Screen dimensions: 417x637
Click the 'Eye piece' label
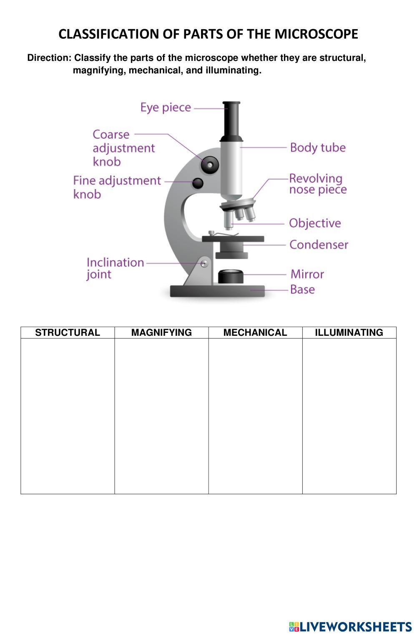pyautogui.click(x=166, y=107)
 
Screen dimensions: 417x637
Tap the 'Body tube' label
pyautogui.click(x=318, y=147)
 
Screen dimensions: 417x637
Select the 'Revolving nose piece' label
pyautogui.click(x=318, y=184)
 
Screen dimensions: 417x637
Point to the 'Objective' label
pyautogui.click(x=315, y=223)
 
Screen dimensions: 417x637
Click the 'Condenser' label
pyautogui.click(x=319, y=245)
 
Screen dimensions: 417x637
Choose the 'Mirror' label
pyautogui.click(x=307, y=274)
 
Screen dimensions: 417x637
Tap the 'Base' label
pyautogui.click(x=302, y=290)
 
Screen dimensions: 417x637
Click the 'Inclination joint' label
pyautogui.click(x=115, y=268)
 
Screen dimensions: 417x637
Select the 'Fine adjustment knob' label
pyautogui.click(x=117, y=187)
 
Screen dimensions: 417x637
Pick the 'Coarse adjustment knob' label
pyautogui.click(x=123, y=148)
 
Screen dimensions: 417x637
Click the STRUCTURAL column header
pyautogui.click(x=68, y=332)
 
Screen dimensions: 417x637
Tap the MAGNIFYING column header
pyautogui.click(x=161, y=332)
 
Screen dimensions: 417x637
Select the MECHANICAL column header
pyautogui.click(x=255, y=332)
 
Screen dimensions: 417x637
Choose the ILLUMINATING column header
pyautogui.click(x=349, y=332)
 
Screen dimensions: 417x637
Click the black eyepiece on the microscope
pyautogui.click(x=231, y=121)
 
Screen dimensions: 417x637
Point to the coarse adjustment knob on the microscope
pyautogui.click(x=210, y=165)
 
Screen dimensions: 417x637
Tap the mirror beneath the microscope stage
pyautogui.click(x=231, y=276)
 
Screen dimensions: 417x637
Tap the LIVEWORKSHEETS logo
pyautogui.click(x=350, y=627)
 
